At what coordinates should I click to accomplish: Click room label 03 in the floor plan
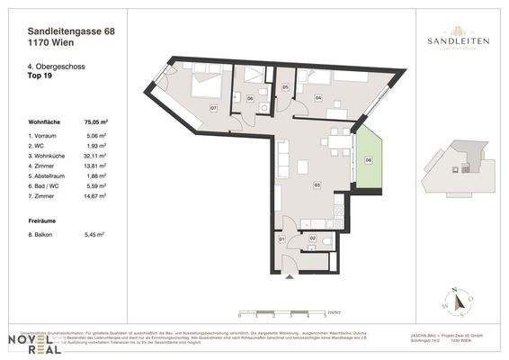click(317, 184)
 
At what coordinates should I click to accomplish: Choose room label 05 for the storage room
click(285, 87)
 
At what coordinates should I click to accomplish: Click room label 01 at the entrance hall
click(281, 239)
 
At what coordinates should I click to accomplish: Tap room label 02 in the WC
click(313, 238)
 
